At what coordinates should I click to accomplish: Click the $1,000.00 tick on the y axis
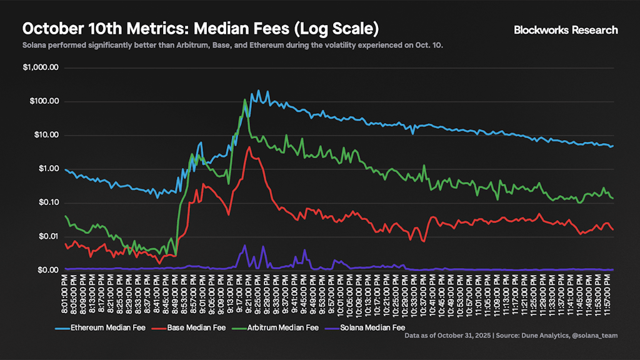(x=41, y=67)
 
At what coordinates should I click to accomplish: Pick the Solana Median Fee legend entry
(x=368, y=327)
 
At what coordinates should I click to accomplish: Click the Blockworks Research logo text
(x=565, y=30)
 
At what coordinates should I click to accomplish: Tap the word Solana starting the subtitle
(x=36, y=46)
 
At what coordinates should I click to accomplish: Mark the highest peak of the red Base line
(x=249, y=147)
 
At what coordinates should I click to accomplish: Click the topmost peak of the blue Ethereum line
(x=259, y=91)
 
